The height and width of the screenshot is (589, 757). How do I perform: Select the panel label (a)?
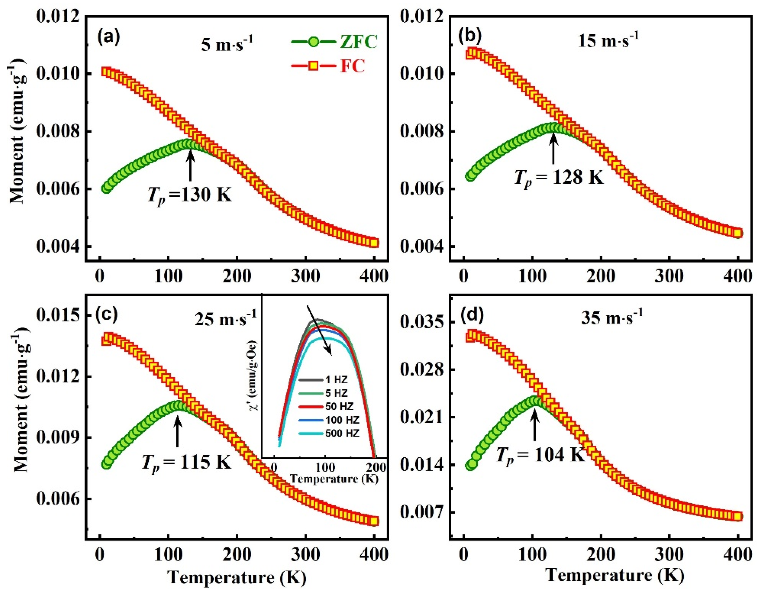pos(108,36)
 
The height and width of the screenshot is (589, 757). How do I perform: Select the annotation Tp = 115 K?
pos(186,461)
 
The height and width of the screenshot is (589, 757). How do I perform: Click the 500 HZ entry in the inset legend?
pos(341,433)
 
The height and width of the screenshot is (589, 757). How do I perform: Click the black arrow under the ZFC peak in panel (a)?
pos(190,168)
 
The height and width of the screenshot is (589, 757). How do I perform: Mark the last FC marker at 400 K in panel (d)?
pos(738,526)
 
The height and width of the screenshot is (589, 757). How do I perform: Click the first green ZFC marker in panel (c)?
pos(106,463)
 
